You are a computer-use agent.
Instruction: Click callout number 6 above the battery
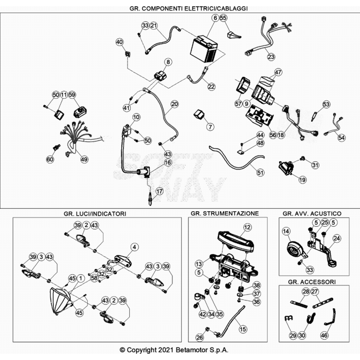[215, 18]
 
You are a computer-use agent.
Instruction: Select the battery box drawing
[204, 48]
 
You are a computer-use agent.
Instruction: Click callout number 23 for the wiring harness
[271, 57]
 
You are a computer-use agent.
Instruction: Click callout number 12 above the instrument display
[247, 227]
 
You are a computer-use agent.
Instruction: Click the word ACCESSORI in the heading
[320, 282]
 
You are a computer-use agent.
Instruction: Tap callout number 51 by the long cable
[260, 172]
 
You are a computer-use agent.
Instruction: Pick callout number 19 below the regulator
[302, 180]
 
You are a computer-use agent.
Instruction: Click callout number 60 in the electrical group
[50, 159]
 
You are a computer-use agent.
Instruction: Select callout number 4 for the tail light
[134, 247]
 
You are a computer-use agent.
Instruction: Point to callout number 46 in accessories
[324, 335]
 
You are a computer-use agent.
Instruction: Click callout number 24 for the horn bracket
[337, 238]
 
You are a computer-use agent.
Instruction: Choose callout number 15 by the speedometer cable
[242, 329]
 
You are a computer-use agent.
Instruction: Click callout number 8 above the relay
[168, 62]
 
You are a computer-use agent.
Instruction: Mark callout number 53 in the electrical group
[326, 104]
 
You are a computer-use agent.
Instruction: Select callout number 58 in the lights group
[94, 278]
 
